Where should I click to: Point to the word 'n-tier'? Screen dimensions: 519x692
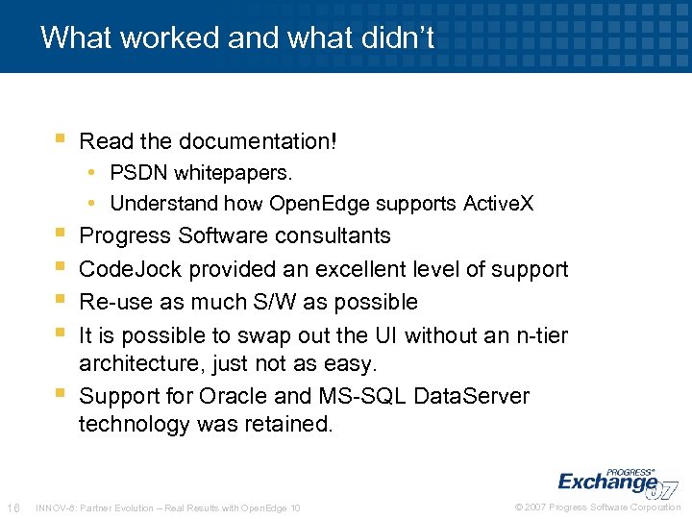pos(536,335)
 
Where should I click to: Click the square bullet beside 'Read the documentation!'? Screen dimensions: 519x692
pos(60,140)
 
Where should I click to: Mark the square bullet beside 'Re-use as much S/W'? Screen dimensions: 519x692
pos(60,302)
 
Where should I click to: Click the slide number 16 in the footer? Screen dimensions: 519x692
pos(13,507)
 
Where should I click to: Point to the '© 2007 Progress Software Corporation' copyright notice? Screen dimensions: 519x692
pos(598,507)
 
